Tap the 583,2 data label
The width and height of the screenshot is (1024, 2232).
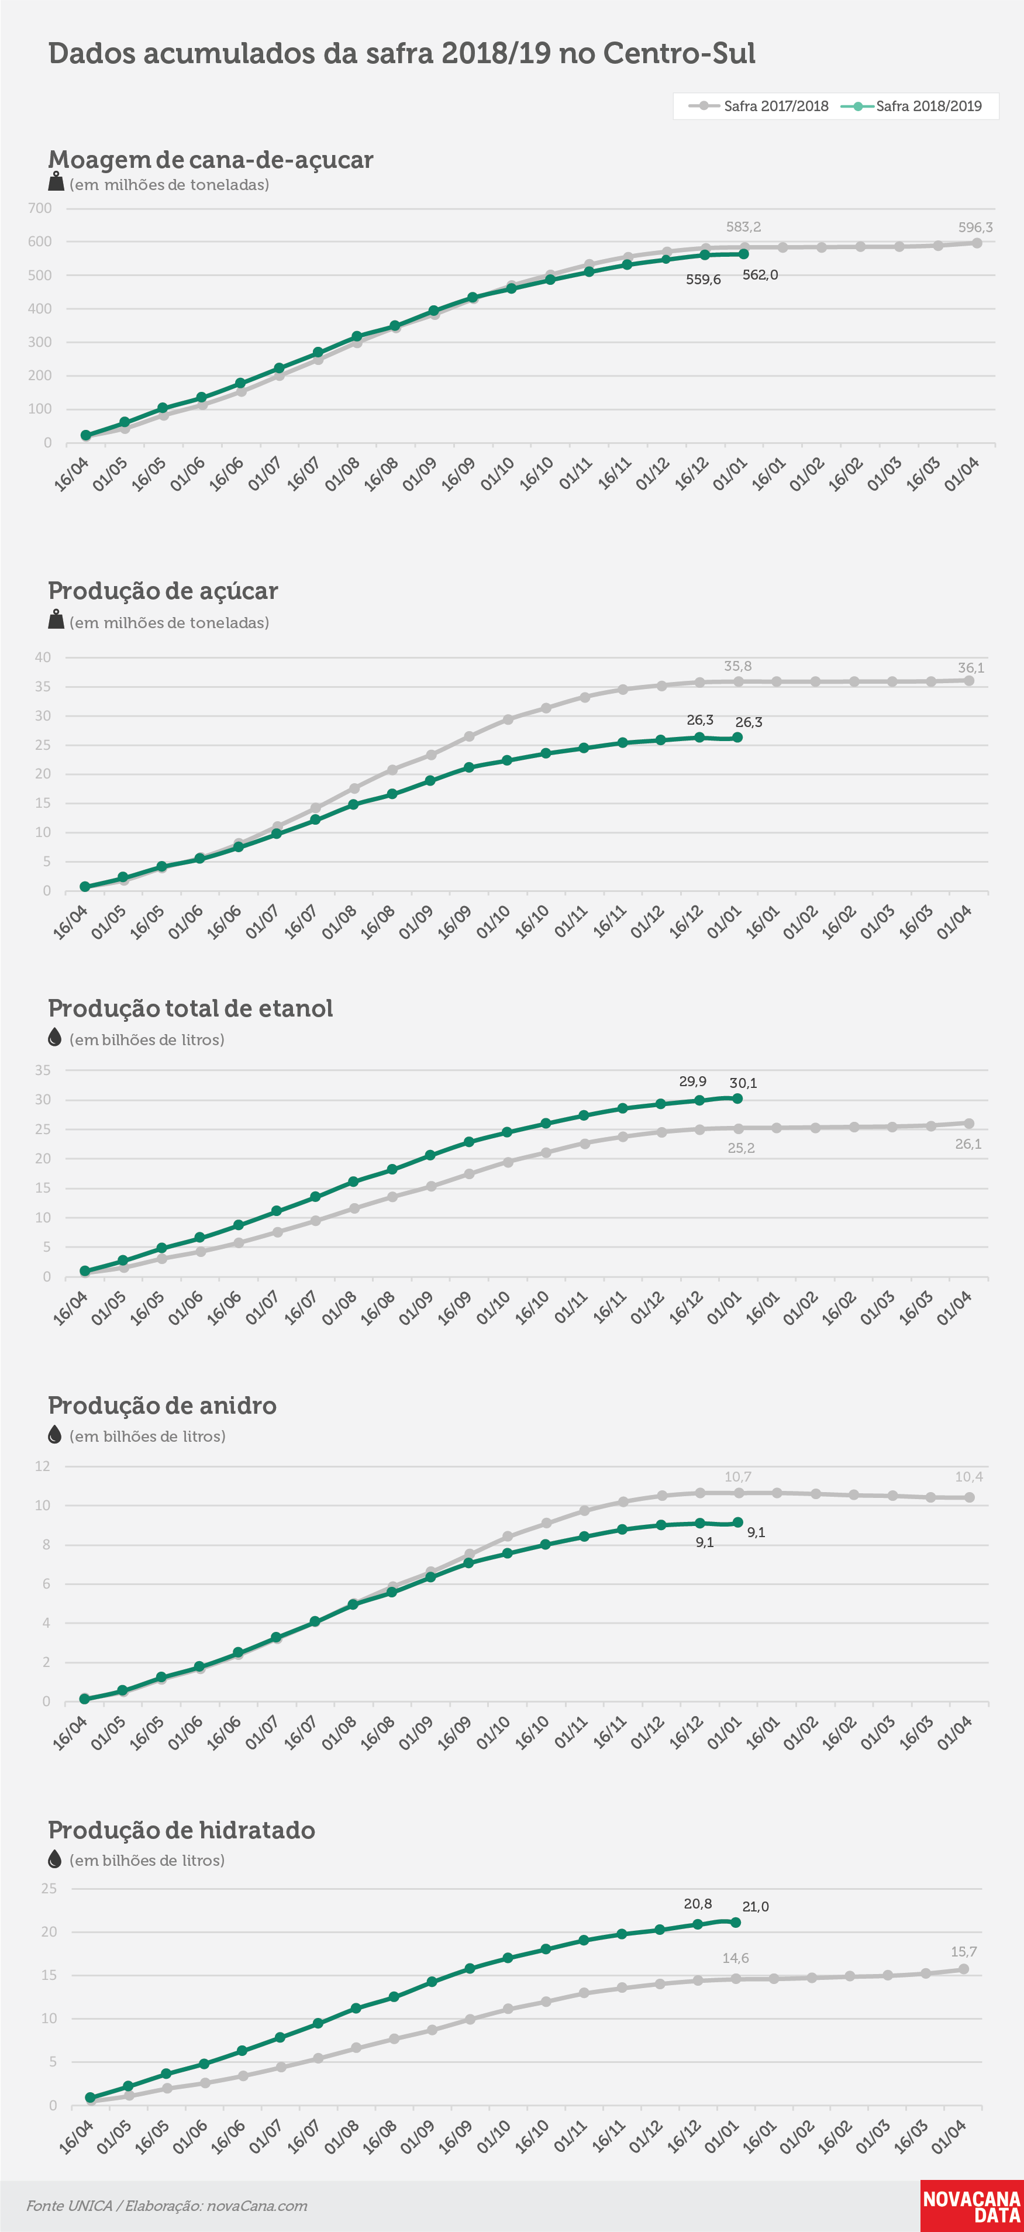point(743,227)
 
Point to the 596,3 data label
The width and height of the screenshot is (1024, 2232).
point(975,227)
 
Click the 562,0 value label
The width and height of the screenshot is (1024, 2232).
point(760,275)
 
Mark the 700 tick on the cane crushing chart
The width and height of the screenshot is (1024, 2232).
point(40,208)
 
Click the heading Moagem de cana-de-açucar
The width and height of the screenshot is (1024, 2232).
point(211,160)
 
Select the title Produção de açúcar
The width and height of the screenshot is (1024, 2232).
point(163,591)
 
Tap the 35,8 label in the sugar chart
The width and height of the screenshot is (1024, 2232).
point(737,666)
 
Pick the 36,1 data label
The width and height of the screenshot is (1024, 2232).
point(970,667)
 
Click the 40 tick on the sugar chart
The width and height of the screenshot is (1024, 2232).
point(43,657)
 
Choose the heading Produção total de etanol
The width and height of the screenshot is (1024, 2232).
point(191,1008)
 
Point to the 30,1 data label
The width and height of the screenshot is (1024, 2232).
point(743,1083)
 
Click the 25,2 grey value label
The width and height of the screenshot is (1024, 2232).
point(741,1148)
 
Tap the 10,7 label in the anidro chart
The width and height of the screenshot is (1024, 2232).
point(737,1476)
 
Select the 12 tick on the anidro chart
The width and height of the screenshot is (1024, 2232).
point(43,1466)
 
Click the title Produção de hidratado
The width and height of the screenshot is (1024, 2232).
point(181,1830)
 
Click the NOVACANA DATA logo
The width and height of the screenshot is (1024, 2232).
point(972,2206)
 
